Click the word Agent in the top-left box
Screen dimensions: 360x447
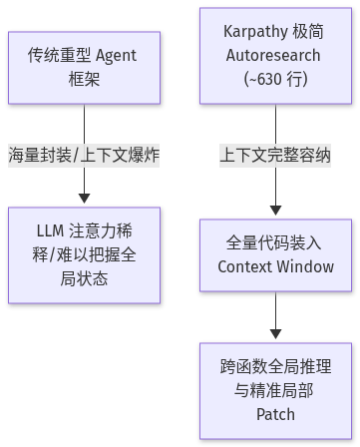[x=116, y=56]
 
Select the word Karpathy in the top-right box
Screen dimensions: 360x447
[x=255, y=32]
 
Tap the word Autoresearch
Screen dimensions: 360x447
[x=273, y=55]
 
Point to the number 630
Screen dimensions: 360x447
[x=265, y=79]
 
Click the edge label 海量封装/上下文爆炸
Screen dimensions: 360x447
[x=84, y=156]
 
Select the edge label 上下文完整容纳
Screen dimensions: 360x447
[x=275, y=156]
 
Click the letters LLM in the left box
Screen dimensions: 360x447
[x=50, y=230]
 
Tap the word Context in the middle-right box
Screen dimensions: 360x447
[x=244, y=266]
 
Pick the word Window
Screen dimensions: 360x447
[x=305, y=266]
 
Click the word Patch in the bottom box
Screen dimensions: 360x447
[x=275, y=414]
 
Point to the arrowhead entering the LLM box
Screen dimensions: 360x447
[x=84, y=199]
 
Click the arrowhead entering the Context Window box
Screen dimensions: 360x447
[x=275, y=211]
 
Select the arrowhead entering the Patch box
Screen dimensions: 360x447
[x=275, y=334]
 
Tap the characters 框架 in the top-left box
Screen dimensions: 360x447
[x=84, y=80]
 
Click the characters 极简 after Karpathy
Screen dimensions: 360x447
[x=308, y=32]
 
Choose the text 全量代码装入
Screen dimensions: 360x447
[x=273, y=242]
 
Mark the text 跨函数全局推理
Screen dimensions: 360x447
[x=275, y=366]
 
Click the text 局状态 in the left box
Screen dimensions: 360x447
[x=84, y=278]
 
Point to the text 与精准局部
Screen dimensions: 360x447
[x=273, y=390]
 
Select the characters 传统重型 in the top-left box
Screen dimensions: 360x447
[x=59, y=55]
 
